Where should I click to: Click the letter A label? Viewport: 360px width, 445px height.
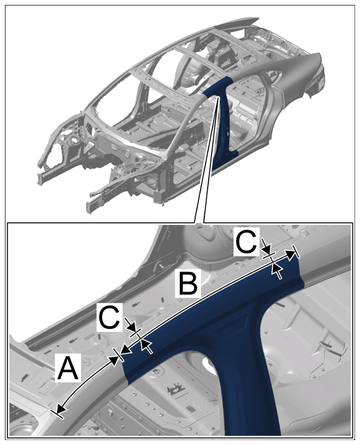click(68, 368)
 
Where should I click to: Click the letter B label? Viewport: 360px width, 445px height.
click(188, 283)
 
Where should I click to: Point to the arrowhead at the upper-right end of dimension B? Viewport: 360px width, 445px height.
click(290, 255)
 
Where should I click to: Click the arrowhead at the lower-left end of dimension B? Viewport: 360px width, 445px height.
click(127, 350)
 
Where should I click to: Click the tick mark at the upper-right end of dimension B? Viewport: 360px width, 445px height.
click(295, 252)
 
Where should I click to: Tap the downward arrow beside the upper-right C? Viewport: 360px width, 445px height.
click(266, 246)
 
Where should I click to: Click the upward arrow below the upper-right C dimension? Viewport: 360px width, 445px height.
click(277, 271)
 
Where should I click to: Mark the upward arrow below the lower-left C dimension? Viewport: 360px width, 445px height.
click(146, 346)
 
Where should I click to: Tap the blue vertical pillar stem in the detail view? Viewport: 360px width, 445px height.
click(250, 392)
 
